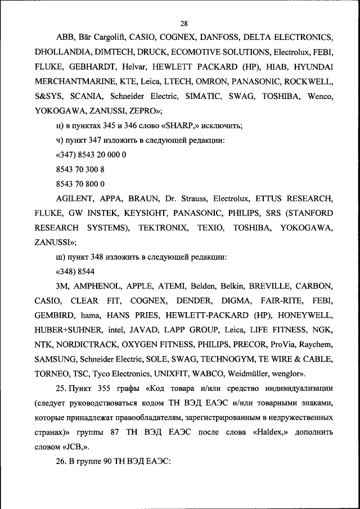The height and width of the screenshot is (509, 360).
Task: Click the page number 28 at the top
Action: (x=183, y=23)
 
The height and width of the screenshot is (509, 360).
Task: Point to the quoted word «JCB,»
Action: (x=76, y=447)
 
